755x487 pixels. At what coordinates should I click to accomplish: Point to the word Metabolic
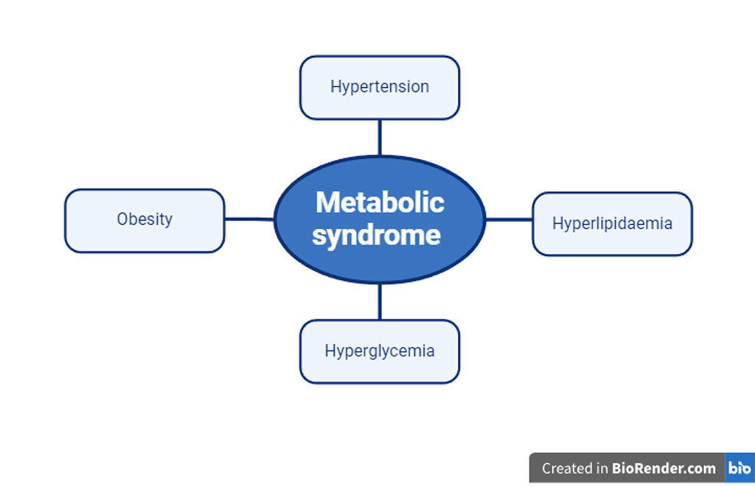pos(380,202)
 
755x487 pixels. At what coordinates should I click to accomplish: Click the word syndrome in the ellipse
pos(377,236)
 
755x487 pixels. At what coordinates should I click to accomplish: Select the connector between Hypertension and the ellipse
pos(380,137)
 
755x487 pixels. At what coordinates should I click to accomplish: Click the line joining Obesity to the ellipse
pos(249,219)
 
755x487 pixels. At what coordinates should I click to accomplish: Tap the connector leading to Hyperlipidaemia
pos(509,219)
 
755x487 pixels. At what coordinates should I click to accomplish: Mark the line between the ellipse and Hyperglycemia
pos(380,301)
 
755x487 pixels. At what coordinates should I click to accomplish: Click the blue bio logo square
pos(740,468)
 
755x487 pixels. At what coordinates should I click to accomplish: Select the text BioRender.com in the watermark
pos(664,468)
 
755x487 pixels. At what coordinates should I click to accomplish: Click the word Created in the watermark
pos(565,468)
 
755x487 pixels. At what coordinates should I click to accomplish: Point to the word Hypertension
pos(379,86)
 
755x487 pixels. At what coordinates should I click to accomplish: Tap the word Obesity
pos(145,219)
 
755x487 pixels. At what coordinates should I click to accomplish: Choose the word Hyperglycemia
pos(379,351)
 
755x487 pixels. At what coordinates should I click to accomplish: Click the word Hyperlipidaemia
pos(612,223)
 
